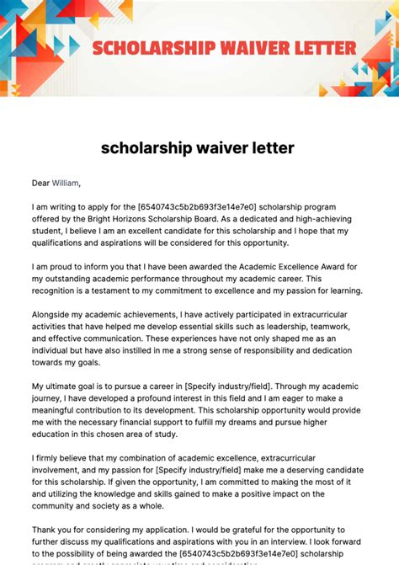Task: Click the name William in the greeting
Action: (66, 182)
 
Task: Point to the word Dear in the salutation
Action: (41, 182)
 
